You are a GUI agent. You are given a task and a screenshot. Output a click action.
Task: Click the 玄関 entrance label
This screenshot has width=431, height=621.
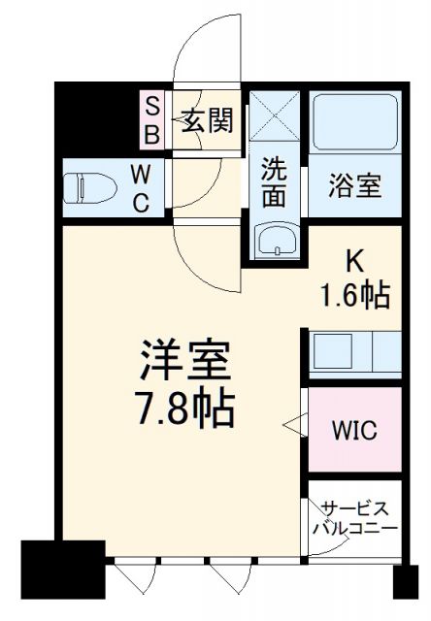coord(207,121)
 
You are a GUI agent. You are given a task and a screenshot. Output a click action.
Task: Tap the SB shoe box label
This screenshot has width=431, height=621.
coord(152,120)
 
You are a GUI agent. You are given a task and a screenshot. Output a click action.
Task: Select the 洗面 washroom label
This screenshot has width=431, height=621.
coord(275,181)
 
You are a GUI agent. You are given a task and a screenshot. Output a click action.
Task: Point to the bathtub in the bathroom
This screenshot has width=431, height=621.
coord(354,123)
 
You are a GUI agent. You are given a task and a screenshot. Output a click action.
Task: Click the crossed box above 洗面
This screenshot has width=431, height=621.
coord(275,122)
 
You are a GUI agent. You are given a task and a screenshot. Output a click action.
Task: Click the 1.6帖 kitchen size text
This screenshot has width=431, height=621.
coord(356,293)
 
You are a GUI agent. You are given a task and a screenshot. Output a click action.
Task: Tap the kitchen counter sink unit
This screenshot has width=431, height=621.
coord(354,352)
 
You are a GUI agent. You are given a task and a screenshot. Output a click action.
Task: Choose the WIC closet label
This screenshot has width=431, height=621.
coord(354,428)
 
